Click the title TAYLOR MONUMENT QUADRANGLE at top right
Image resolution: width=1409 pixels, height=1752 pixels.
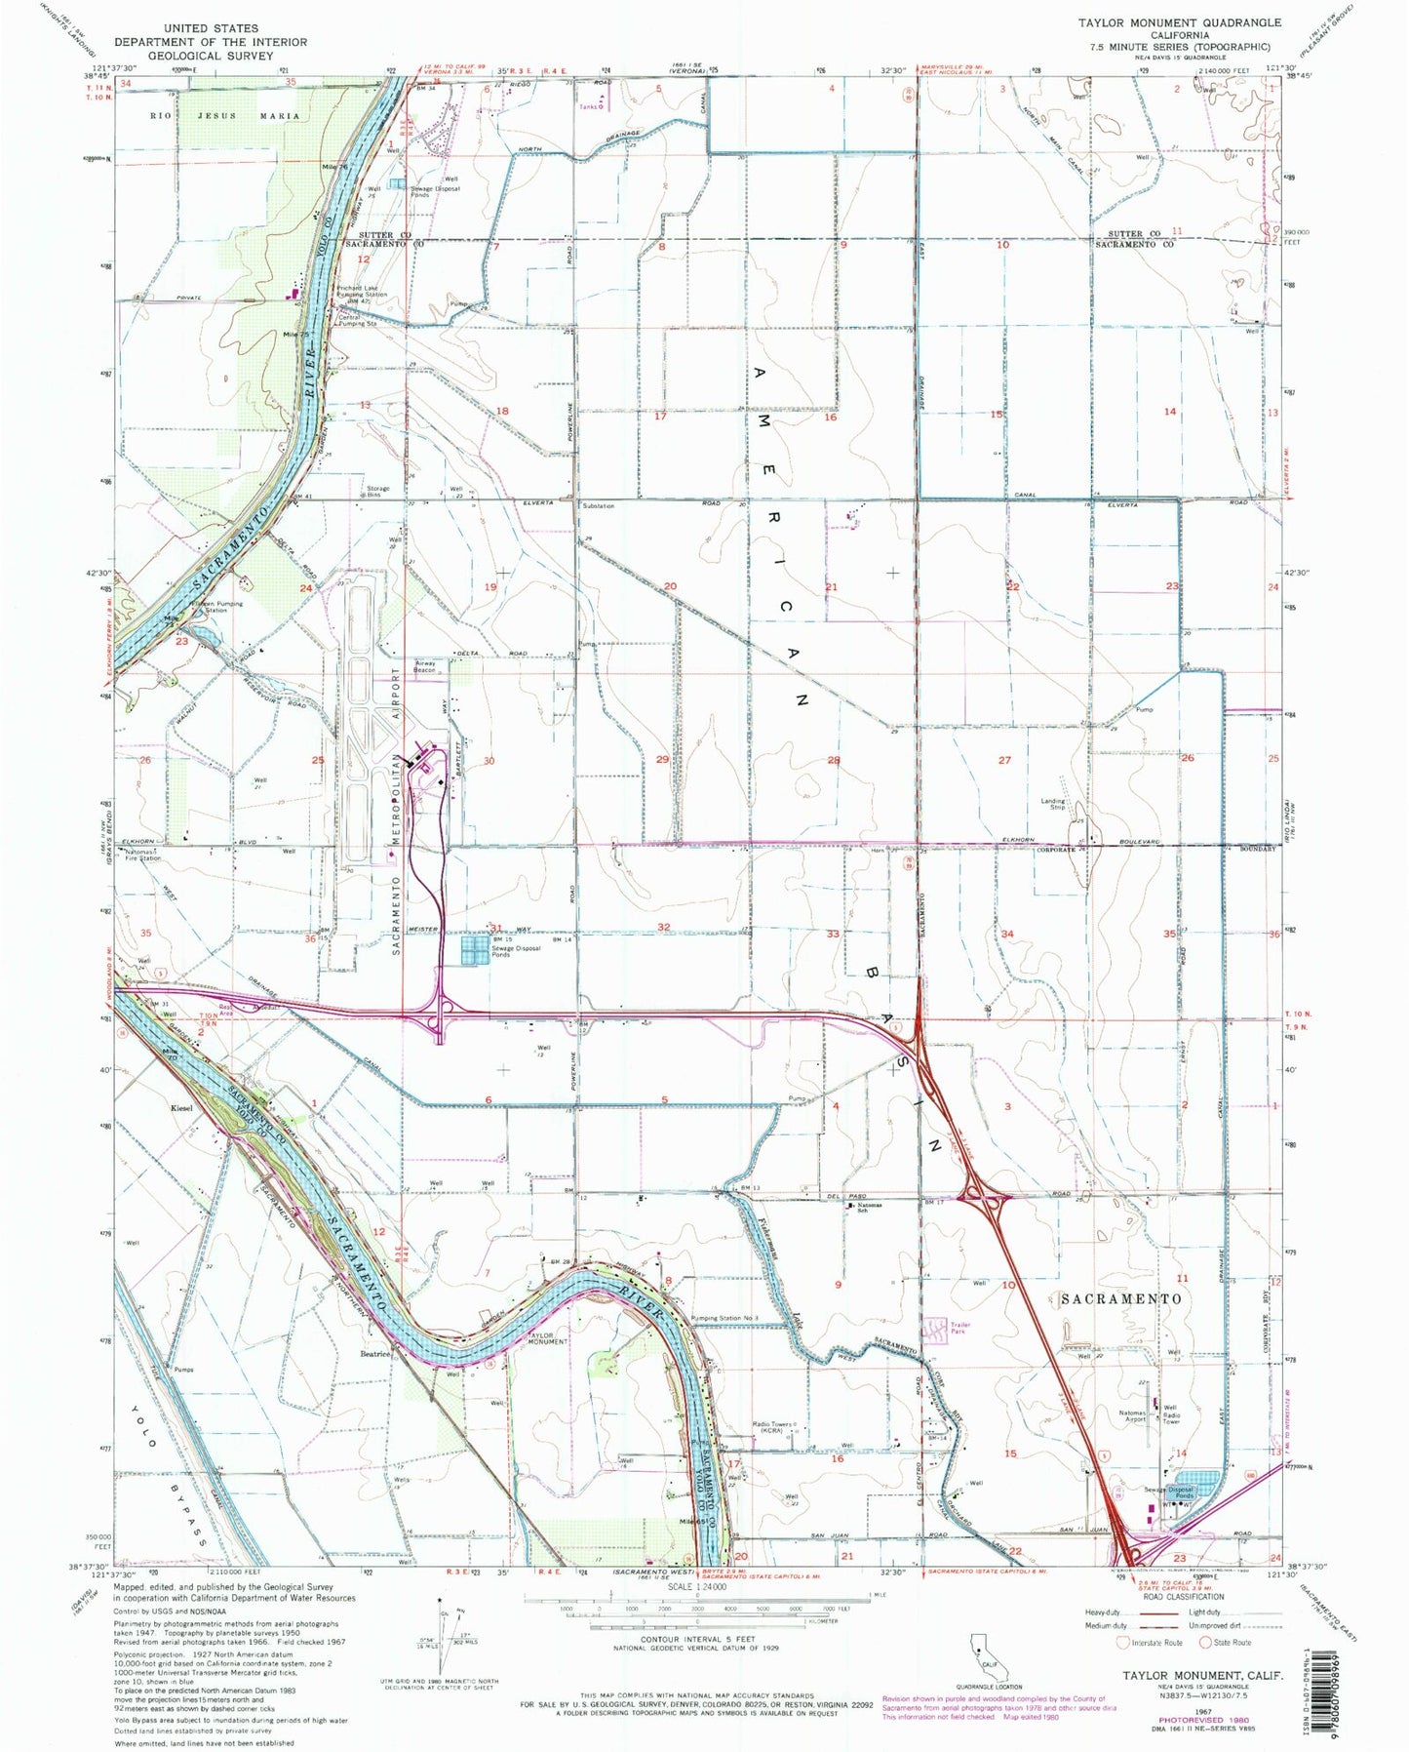1179,21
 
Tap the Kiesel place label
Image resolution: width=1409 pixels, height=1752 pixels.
181,1108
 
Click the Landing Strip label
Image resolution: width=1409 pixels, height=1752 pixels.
1053,805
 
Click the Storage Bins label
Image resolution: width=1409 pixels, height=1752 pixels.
377,492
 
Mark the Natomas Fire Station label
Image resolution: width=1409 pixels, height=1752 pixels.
142,856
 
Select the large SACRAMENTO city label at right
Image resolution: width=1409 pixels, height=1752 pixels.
1121,1299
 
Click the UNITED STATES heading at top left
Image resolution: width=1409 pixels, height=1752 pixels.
211,29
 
